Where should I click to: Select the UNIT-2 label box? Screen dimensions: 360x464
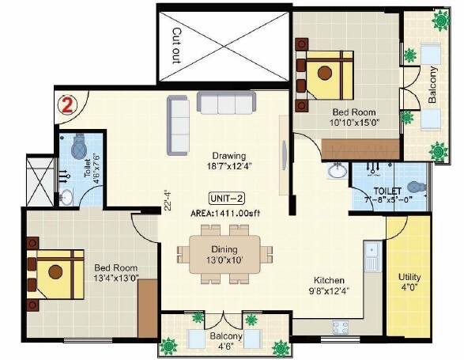[x=225, y=198]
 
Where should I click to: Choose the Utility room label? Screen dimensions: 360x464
[x=409, y=278]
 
